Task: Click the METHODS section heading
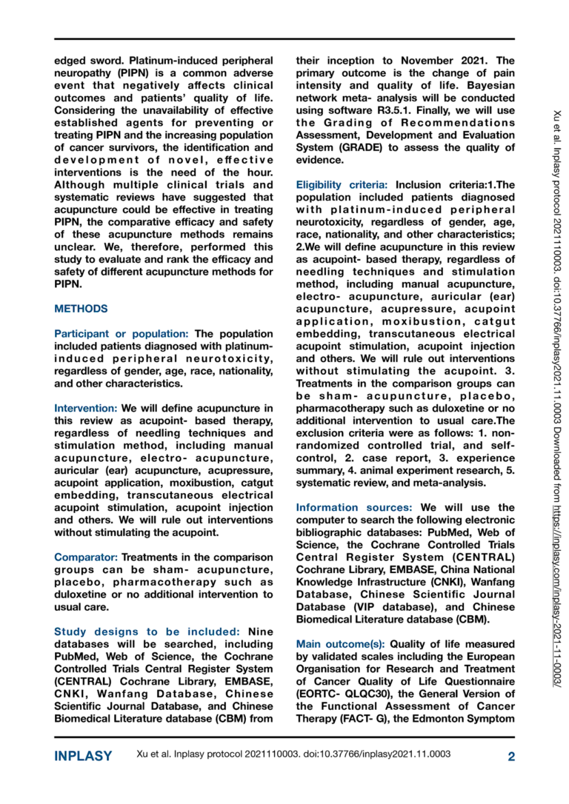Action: coord(81,308)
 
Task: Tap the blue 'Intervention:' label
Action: coord(86,407)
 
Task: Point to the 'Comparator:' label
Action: coord(86,557)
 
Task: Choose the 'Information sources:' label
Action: coord(355,507)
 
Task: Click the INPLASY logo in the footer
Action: coord(83,756)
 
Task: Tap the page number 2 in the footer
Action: coord(510,756)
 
